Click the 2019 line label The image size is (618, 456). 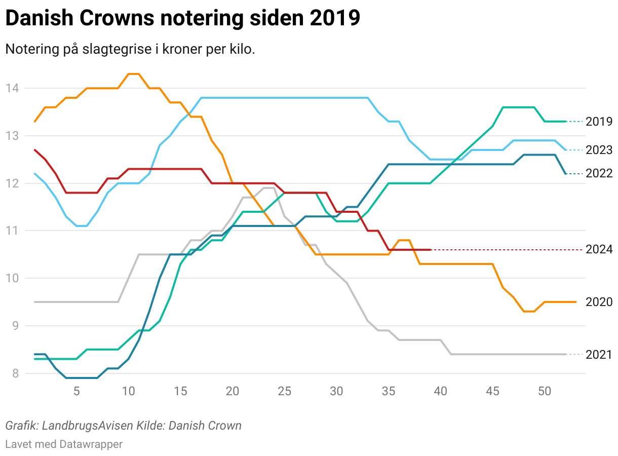point(599,122)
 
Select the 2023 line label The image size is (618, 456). point(599,150)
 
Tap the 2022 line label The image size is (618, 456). point(599,173)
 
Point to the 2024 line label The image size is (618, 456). point(599,249)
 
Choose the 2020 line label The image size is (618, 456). point(599,302)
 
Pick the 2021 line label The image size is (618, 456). point(599,355)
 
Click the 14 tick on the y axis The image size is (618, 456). point(12,89)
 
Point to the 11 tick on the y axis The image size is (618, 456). point(12,231)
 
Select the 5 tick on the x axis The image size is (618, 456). point(76,391)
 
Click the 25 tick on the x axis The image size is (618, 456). point(285,391)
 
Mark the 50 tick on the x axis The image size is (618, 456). point(545,391)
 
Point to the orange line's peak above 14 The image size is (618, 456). point(134,74)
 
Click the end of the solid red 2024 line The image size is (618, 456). point(430,250)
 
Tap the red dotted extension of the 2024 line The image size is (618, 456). point(507,250)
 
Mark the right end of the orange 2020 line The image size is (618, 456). point(576,302)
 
